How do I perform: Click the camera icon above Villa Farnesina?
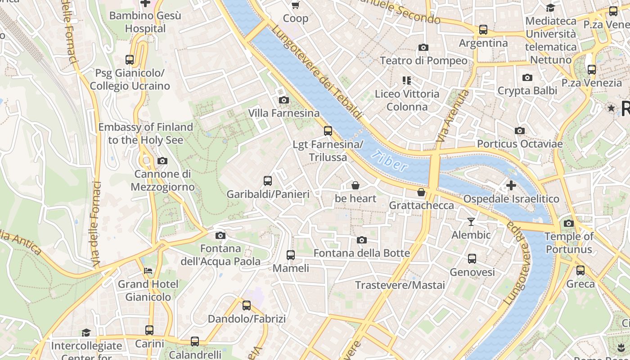(284, 100)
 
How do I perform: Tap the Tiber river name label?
(390, 161)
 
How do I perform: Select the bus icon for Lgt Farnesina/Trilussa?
(328, 131)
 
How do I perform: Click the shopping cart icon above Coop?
(296, 5)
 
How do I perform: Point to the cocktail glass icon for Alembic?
(471, 221)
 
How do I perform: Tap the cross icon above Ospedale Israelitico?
(511, 185)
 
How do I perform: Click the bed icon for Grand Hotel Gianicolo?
(148, 271)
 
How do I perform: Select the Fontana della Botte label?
(362, 253)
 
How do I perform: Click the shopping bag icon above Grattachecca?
(421, 192)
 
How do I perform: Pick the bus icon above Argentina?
(483, 30)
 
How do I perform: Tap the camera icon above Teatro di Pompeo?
(423, 47)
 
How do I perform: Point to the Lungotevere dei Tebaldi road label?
(317, 72)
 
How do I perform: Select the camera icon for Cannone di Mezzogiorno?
(162, 161)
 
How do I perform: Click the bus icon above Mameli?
(291, 255)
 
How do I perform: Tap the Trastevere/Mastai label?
(400, 285)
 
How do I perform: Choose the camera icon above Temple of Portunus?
(569, 223)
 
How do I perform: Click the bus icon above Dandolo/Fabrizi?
(247, 306)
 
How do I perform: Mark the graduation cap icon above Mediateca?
(550, 8)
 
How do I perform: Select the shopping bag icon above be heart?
(355, 185)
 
